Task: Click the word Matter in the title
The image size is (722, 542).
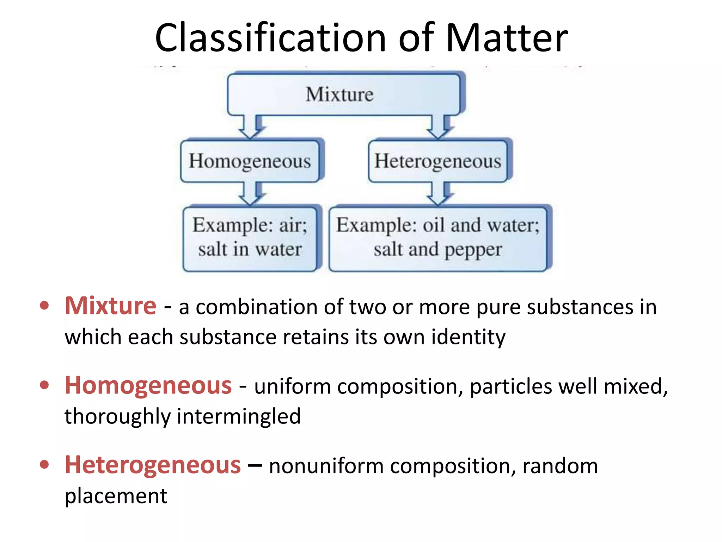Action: [x=507, y=38]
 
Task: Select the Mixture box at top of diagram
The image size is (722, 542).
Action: [x=344, y=94]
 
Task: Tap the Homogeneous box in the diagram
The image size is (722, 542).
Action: [x=250, y=161]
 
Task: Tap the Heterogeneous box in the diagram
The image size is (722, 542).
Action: [x=438, y=161]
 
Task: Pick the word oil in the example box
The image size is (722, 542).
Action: [x=434, y=225]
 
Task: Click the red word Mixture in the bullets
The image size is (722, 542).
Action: [x=110, y=306]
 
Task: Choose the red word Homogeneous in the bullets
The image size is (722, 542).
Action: [x=148, y=385]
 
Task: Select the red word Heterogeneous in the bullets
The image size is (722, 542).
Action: [x=153, y=465]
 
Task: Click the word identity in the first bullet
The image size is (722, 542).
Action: [x=469, y=337]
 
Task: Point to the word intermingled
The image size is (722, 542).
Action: [x=239, y=416]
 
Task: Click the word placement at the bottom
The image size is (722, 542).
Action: [x=116, y=496]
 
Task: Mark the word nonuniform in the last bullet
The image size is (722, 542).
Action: [x=326, y=466]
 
